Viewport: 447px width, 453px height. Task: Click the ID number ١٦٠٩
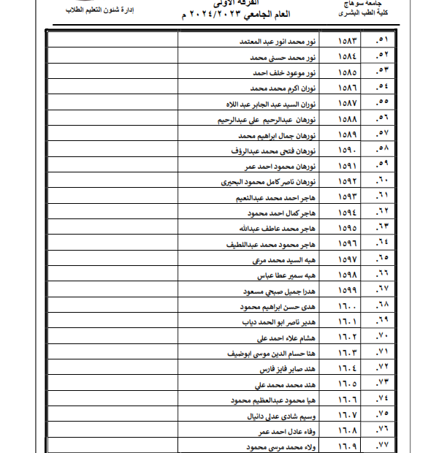coord(354,446)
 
